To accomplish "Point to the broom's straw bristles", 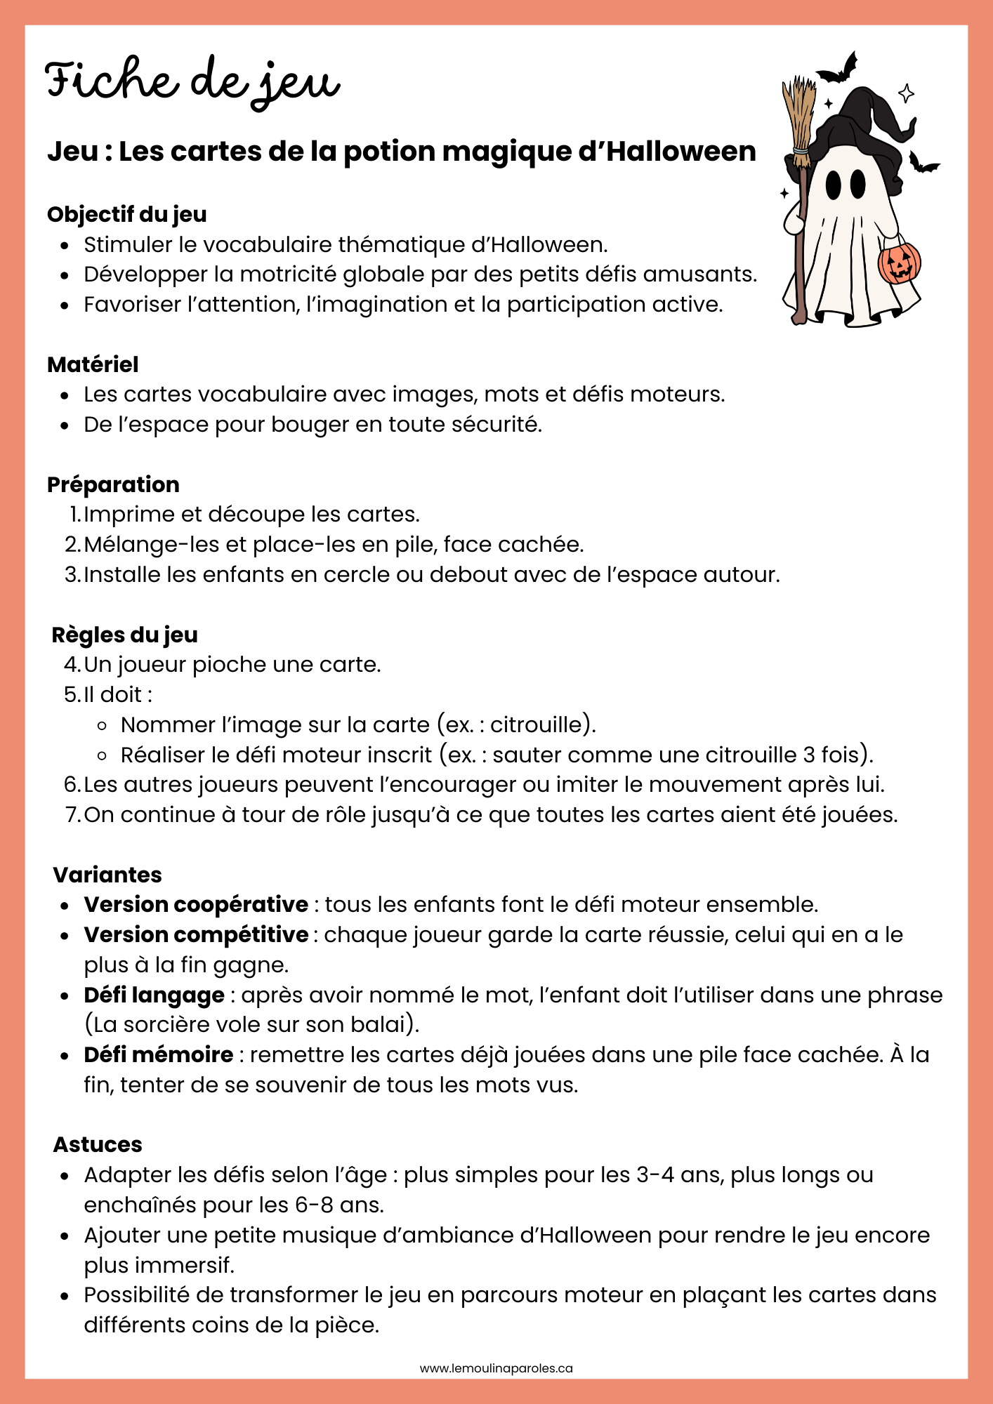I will (x=799, y=112).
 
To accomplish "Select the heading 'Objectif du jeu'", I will (x=127, y=214).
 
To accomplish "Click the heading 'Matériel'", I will (x=93, y=364).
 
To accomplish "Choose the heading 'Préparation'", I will (x=113, y=484).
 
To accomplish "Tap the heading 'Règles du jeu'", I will (x=125, y=635).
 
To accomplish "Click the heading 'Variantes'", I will (x=107, y=875).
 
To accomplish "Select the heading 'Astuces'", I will (x=98, y=1144).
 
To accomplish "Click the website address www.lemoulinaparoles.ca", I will (x=496, y=1368).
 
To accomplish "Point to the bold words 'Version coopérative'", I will (x=196, y=904).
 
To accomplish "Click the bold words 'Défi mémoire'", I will (x=159, y=1054).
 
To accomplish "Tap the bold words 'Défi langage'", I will (x=154, y=995).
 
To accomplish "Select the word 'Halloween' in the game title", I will (x=681, y=151).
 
